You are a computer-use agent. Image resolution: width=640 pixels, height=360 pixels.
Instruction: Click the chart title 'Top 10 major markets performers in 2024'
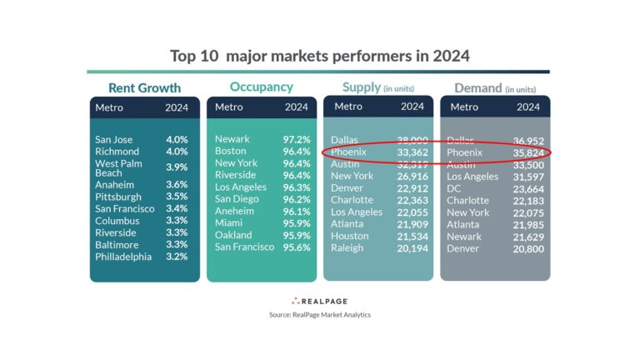(319, 56)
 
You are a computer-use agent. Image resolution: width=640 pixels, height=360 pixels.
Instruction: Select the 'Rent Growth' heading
(145, 87)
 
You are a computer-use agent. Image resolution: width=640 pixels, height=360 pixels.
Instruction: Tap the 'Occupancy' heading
(262, 87)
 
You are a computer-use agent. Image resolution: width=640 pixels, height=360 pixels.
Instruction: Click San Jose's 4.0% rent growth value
(177, 140)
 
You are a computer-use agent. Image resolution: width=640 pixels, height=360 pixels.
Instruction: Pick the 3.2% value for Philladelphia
(177, 257)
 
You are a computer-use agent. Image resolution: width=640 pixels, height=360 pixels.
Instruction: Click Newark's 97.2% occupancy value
(297, 139)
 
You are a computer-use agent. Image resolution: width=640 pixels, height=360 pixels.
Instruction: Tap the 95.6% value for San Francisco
(297, 247)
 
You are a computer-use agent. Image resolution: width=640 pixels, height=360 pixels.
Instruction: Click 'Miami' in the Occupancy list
(230, 223)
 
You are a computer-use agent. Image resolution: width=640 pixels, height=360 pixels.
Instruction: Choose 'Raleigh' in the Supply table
(347, 247)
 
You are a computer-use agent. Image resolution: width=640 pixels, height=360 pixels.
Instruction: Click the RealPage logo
(319, 300)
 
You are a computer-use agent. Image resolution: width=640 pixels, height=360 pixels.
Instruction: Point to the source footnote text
(319, 314)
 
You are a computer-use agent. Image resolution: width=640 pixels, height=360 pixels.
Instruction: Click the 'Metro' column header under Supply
(348, 107)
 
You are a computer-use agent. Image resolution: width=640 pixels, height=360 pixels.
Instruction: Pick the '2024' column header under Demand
(528, 107)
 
